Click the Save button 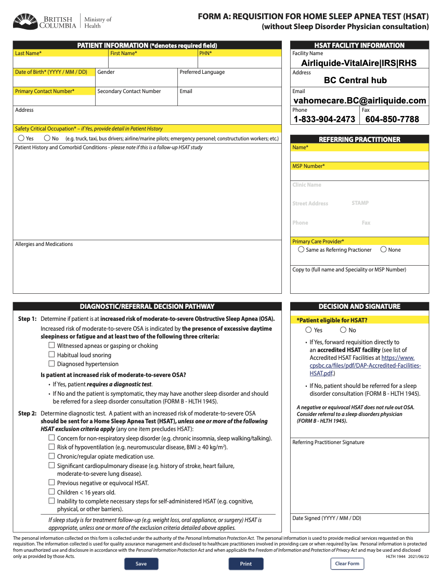coord(141,564)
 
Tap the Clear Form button coord(347,564)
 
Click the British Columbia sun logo coord(25,22)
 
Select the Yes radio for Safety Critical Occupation coord(21,138)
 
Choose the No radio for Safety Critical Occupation coord(47,138)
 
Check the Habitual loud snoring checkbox coord(51,355)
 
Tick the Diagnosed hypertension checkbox coord(51,363)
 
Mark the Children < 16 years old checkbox coord(51,491)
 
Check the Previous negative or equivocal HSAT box coord(51,483)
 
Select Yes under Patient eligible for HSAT coord(309,330)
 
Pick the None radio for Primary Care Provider coord(384,250)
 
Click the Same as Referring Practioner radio coord(301,250)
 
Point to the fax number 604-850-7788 coord(392,119)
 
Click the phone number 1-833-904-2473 coord(324,119)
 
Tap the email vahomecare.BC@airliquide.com coord(360,100)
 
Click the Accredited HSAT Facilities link coord(365,366)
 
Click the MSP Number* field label coord(308,166)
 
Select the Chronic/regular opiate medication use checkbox coord(51,456)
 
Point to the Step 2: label coord(28,413)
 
